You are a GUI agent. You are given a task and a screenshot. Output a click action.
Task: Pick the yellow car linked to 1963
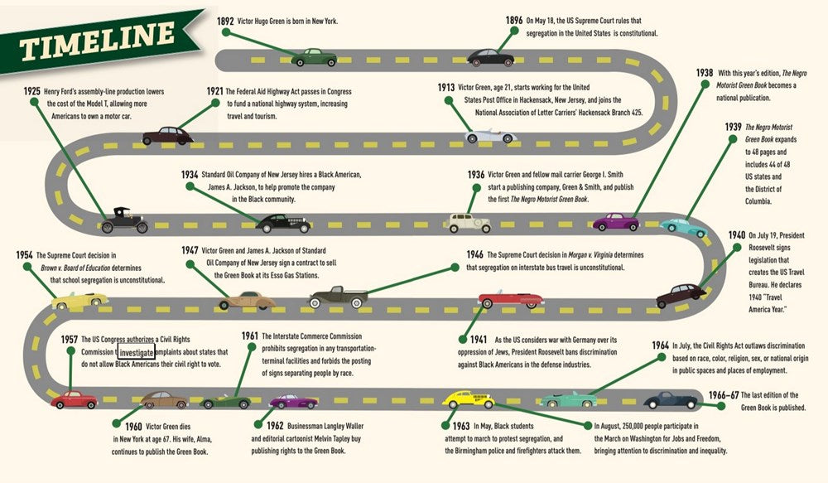click(x=468, y=400)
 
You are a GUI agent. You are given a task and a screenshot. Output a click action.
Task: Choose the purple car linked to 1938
click(x=616, y=222)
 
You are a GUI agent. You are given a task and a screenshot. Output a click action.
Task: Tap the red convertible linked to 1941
click(x=511, y=299)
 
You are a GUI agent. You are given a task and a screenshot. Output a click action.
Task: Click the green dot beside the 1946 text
click(x=455, y=267)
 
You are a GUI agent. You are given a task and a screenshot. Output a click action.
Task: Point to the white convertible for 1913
click(x=490, y=134)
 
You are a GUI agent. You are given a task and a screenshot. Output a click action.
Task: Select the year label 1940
click(x=736, y=236)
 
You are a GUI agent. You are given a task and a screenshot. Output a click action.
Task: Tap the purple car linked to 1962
click(x=293, y=402)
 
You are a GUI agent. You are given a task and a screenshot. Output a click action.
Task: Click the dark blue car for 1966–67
click(x=671, y=400)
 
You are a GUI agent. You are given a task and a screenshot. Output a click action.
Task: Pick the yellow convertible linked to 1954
click(x=79, y=301)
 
